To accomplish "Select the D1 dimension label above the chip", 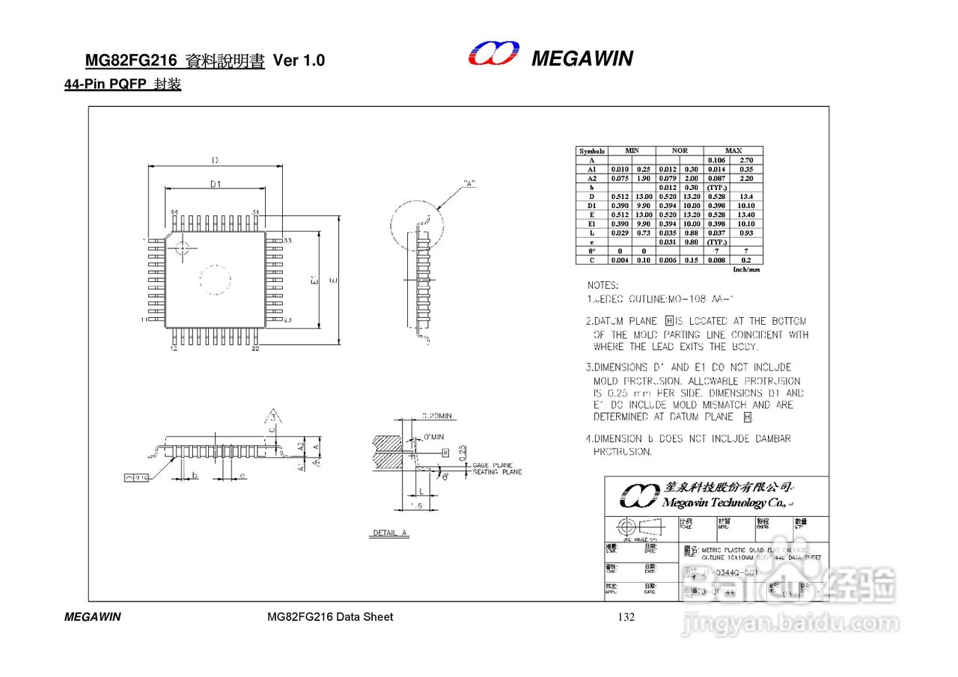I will [216, 184].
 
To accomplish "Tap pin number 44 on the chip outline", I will [174, 212].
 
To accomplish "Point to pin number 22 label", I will [255, 349].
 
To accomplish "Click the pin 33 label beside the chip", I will [287, 241].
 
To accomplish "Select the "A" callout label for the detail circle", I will [469, 183].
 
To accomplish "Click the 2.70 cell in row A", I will [746, 160].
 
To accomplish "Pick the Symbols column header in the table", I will [592, 151].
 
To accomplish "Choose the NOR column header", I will [680, 151].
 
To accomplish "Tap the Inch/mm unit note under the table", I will [746, 269].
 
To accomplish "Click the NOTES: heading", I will [602, 286].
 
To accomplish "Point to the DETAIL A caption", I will [390, 533].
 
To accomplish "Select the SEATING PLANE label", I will [497, 472].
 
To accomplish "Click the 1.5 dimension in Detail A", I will [417, 506].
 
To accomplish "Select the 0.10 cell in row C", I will [644, 260].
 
